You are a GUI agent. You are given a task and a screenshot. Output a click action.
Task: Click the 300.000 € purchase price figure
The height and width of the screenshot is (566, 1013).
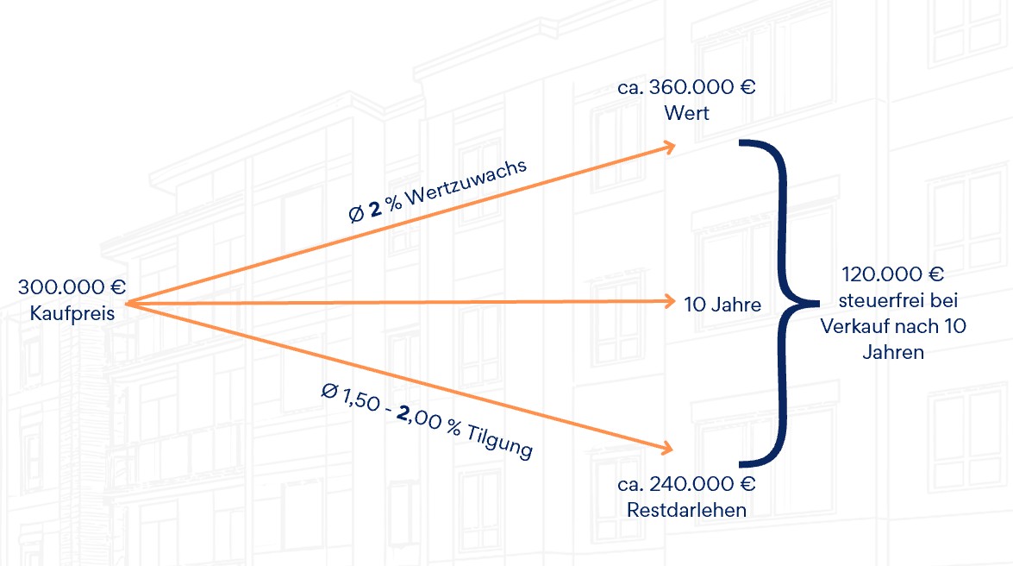pyautogui.click(x=72, y=287)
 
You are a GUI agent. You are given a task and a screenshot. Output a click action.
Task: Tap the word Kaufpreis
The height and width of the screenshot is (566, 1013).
pyautogui.click(x=72, y=312)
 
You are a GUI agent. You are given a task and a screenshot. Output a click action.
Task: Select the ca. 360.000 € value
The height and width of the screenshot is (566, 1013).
pyautogui.click(x=686, y=88)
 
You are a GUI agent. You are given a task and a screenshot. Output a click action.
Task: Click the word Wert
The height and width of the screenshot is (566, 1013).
pyautogui.click(x=686, y=113)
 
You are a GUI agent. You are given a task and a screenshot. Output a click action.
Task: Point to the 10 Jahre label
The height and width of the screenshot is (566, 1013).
pyautogui.click(x=722, y=305)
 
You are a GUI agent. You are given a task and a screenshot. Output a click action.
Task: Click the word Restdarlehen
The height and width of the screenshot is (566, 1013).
pyautogui.click(x=687, y=510)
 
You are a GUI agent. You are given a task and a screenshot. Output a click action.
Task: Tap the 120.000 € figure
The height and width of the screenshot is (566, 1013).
pyautogui.click(x=893, y=276)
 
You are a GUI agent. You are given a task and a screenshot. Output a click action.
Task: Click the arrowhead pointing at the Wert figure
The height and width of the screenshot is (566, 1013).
pyautogui.click(x=669, y=147)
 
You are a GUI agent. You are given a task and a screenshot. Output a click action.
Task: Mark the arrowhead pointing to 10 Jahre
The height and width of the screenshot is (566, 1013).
pyautogui.click(x=669, y=301)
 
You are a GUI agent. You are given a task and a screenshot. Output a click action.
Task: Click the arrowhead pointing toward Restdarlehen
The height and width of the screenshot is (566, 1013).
pyautogui.click(x=667, y=448)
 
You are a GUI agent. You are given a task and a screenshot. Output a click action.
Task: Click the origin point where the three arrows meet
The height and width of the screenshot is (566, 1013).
pyautogui.click(x=128, y=303)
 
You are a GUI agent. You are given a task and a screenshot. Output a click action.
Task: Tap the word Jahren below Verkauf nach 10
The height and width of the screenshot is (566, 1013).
pyautogui.click(x=893, y=352)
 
